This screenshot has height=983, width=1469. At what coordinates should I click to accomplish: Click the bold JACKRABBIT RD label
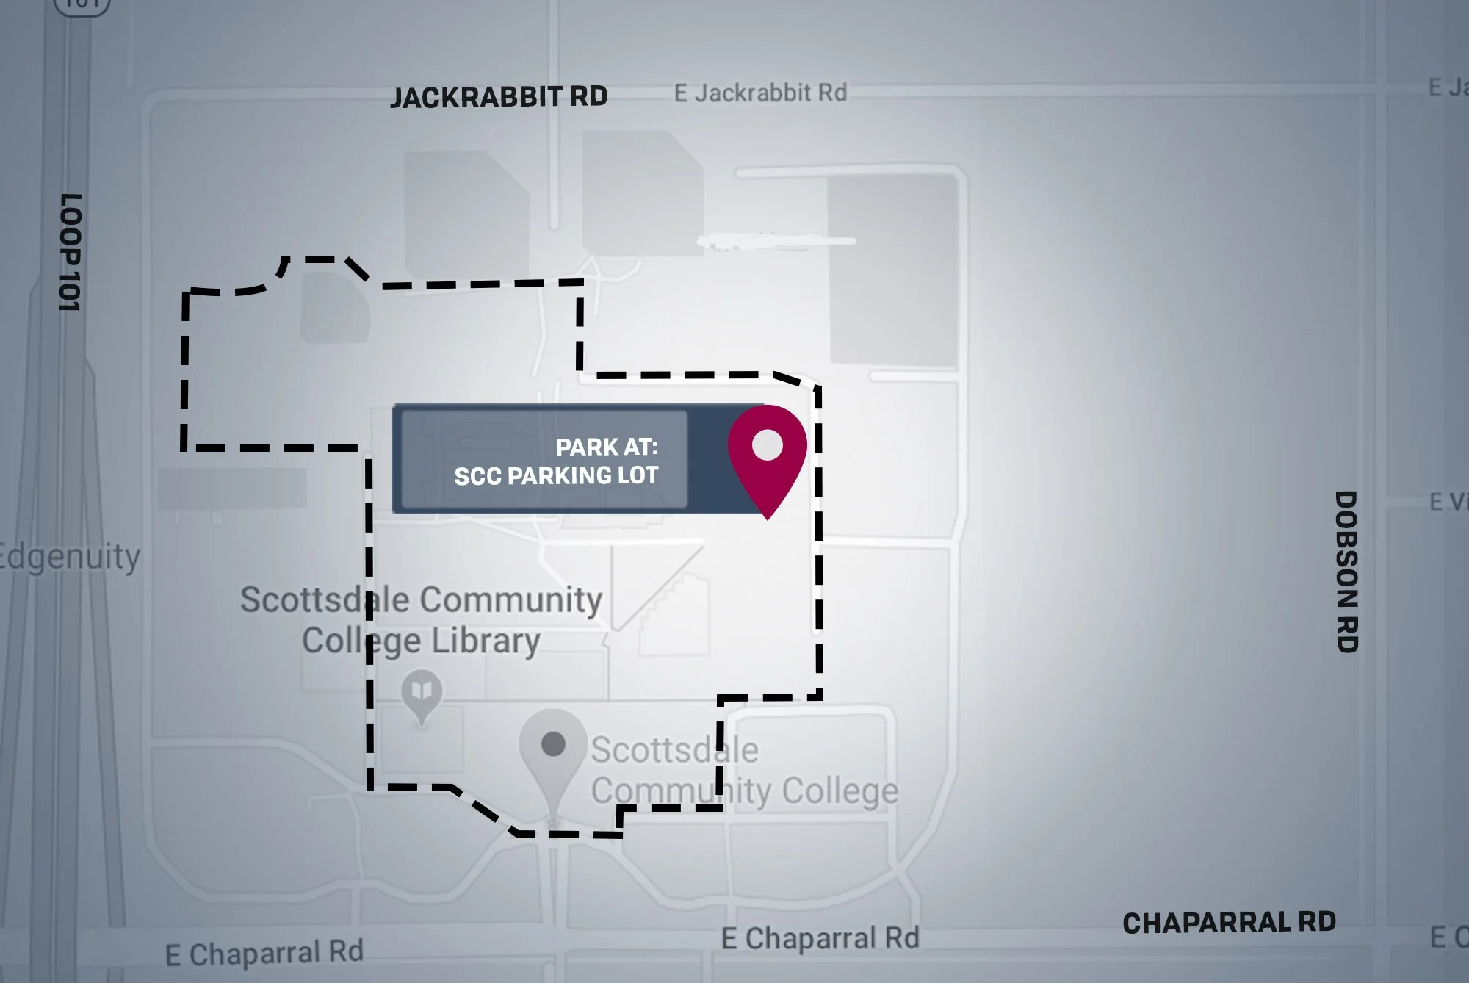click(499, 97)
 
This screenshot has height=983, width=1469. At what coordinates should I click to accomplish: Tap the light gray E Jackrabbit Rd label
click(760, 93)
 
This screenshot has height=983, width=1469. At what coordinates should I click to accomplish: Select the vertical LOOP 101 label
click(70, 252)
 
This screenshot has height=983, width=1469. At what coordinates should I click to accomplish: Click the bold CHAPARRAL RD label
click(1229, 923)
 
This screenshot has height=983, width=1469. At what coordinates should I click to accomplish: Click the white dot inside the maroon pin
click(768, 445)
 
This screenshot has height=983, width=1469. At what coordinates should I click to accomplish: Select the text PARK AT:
click(607, 447)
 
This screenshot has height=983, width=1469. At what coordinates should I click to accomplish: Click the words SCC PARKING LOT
click(556, 476)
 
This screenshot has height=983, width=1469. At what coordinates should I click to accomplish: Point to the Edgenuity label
click(69, 557)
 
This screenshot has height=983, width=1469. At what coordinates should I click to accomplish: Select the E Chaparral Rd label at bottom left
click(264, 953)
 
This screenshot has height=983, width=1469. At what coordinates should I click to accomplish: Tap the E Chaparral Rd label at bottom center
click(820, 938)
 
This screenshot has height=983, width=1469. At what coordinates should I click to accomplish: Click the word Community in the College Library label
click(511, 600)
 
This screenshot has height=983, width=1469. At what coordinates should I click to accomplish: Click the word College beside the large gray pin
click(840, 791)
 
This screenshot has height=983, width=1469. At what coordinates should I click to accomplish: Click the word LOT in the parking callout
click(638, 476)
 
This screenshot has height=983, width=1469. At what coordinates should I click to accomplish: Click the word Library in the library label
click(486, 641)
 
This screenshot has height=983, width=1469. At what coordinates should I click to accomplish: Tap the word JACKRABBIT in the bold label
click(476, 97)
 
